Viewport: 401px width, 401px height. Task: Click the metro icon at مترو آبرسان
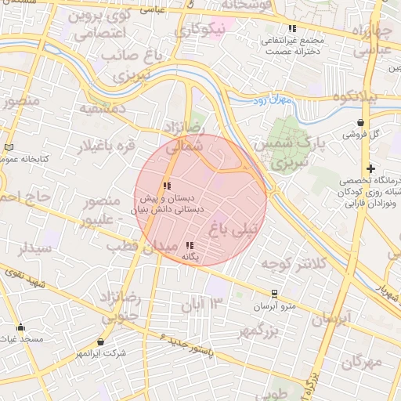tap(274, 294)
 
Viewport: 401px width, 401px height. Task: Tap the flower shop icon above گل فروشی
tap(360, 122)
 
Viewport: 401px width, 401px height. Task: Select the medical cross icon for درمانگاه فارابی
tap(370, 168)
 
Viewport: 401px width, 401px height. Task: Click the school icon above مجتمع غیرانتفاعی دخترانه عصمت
tap(292, 29)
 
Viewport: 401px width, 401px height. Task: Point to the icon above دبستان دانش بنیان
tap(166, 186)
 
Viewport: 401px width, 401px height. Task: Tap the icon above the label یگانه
tap(190, 245)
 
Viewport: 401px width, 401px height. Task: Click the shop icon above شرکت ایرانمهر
tap(100, 342)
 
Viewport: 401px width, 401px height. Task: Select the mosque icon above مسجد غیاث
tap(20, 327)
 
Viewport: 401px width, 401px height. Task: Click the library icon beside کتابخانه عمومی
tap(9, 147)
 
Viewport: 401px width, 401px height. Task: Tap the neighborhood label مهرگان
tap(362, 363)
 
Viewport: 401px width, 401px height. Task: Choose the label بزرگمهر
tap(259, 331)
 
